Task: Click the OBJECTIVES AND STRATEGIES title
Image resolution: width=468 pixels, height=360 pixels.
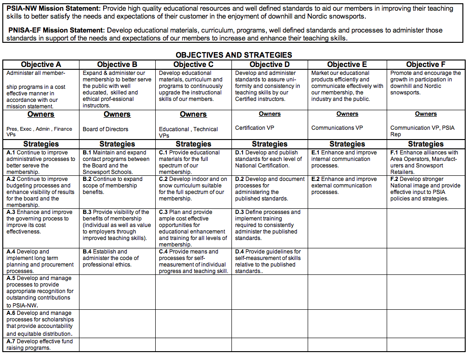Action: pos(234,55)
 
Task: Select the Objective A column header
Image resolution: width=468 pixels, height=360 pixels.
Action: pos(41,65)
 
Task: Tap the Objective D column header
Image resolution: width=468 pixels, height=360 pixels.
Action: pos(270,65)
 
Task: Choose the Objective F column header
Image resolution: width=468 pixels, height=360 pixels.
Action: pos(426,65)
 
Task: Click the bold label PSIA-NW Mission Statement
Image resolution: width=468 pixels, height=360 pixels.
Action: pos(53,9)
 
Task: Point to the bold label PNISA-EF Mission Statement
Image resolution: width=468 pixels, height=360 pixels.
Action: pos(57,30)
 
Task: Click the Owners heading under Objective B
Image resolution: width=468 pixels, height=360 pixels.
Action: pos(117,114)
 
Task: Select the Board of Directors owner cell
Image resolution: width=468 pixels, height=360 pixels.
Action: pos(105,129)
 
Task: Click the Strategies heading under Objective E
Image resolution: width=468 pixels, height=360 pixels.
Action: pos(347,144)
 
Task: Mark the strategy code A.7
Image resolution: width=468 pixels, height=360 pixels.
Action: pos(11,341)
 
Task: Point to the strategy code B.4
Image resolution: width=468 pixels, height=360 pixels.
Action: pos(87,252)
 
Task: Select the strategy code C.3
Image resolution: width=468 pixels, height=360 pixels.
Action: pos(163,212)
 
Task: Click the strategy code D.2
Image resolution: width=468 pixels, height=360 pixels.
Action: pos(239,179)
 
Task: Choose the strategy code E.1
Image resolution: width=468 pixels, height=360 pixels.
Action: pos(315,153)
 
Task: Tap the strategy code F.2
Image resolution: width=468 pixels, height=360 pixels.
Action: pos(394,179)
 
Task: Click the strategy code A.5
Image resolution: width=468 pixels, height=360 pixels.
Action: pos(11,278)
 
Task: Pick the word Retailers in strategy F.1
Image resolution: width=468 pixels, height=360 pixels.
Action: pos(402,172)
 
